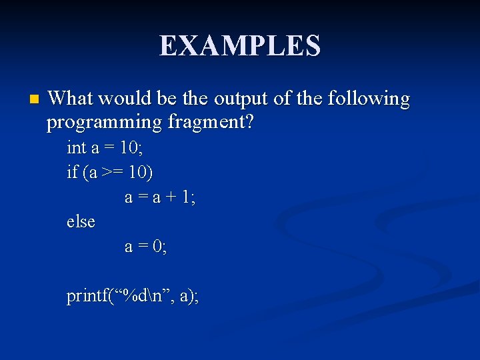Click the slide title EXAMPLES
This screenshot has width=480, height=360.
240,46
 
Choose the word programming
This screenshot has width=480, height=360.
104,123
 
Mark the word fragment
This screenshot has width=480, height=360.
210,123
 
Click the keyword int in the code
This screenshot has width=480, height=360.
77,148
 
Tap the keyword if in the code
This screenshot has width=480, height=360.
72,173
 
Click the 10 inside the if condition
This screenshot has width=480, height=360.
138,173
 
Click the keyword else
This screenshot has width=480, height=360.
81,221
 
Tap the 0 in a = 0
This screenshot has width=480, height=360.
157,246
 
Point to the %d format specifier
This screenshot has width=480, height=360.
132,295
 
